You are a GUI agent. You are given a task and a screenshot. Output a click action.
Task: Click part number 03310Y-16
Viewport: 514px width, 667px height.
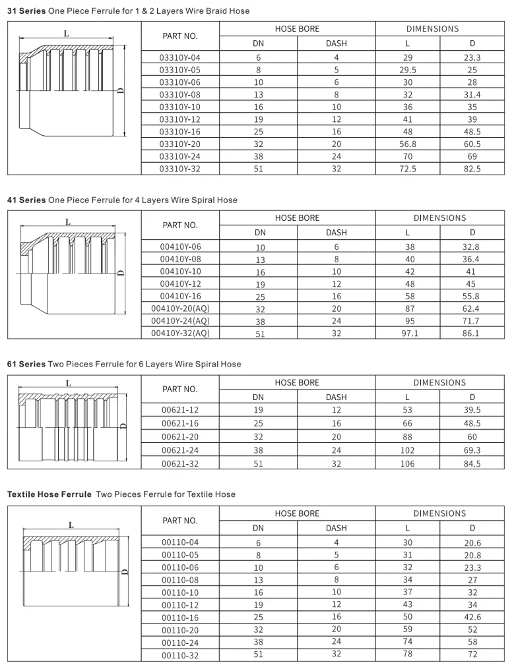[x=179, y=132]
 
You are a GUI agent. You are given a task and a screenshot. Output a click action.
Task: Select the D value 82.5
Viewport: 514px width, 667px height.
[x=472, y=169]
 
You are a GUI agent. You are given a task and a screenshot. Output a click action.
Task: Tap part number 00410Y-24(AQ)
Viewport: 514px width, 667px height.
[x=180, y=321]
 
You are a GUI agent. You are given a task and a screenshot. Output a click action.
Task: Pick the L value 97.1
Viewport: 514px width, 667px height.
[x=408, y=333]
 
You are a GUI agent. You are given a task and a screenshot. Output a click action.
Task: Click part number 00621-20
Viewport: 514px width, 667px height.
[x=179, y=436]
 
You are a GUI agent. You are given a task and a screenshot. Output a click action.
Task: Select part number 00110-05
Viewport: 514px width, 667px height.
[x=179, y=556]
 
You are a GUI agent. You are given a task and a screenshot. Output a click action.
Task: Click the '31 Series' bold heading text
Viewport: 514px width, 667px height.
[x=26, y=11]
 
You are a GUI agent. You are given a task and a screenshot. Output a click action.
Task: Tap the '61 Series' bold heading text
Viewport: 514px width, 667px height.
[x=26, y=364]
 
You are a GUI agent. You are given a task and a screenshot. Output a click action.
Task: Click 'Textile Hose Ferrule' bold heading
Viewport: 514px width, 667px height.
[x=49, y=494]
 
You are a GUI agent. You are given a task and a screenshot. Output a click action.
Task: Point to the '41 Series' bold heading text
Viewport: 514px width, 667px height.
[x=26, y=200]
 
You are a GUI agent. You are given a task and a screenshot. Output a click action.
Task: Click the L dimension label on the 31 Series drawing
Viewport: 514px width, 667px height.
[x=66, y=33]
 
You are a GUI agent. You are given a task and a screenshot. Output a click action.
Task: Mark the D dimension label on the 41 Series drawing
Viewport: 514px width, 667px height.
[x=119, y=273]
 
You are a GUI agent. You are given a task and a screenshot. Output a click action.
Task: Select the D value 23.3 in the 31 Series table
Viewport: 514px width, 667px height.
[x=472, y=57]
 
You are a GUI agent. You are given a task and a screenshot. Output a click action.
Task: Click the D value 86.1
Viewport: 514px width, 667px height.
[x=472, y=333]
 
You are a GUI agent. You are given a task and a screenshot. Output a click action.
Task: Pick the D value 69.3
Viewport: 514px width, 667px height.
[x=472, y=450]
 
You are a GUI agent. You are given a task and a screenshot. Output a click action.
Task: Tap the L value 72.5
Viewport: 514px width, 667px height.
[x=408, y=169]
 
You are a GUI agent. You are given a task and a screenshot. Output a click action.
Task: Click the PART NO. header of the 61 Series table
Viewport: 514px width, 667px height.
[x=179, y=389]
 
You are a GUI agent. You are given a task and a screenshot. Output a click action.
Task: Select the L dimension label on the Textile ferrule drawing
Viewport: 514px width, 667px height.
[x=70, y=525]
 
